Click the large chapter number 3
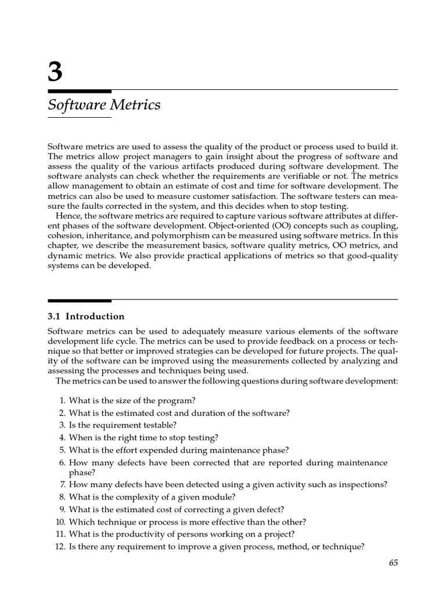pyautogui.click(x=55, y=73)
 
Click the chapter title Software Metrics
pyautogui.click(x=104, y=105)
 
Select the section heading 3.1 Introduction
pyautogui.click(x=86, y=316)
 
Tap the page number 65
pyautogui.click(x=392, y=562)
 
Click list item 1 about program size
pyautogui.click(x=132, y=400)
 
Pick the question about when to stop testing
pyautogui.click(x=143, y=437)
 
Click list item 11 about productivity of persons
pyautogui.click(x=181, y=534)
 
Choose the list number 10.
pyautogui.click(x=59, y=521)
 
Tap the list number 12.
pyautogui.click(x=59, y=546)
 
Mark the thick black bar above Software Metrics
pyautogui.click(x=80, y=91)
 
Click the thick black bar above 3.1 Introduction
pyautogui.click(x=80, y=300)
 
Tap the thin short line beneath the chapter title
pyautogui.click(x=80, y=118)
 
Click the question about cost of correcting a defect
pyautogui.click(x=177, y=509)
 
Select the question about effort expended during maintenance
pyautogui.click(x=179, y=450)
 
